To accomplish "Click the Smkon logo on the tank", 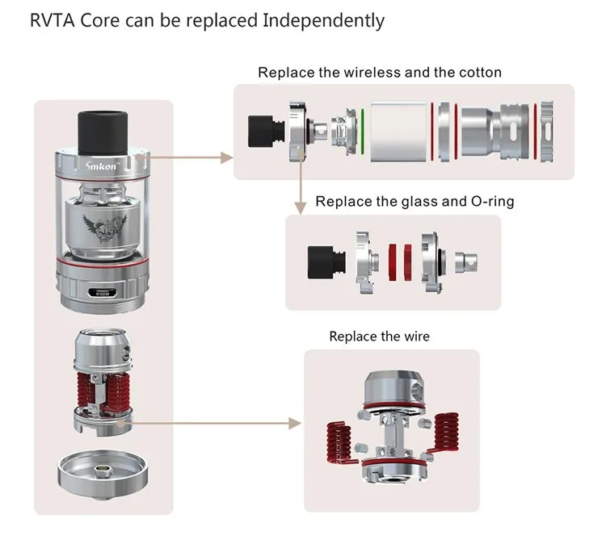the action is coord(101,165).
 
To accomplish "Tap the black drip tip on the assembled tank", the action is coord(103,132).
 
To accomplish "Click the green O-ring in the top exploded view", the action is coord(363,132).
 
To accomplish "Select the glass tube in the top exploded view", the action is coord(398,132).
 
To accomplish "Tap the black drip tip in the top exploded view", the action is coord(267,132).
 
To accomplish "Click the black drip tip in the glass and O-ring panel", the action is coord(326,261).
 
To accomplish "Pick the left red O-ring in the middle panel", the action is coord(393,261).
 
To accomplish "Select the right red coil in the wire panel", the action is coord(445,433).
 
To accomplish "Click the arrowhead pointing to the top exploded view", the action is coord(226,157).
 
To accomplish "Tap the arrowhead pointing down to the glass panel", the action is coord(301,207).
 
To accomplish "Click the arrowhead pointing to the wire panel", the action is coord(295,424).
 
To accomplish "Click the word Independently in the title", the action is coord(323,21).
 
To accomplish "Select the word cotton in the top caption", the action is coord(481,72).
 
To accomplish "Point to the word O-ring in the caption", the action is coord(492,202).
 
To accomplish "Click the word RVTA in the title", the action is coord(53,20).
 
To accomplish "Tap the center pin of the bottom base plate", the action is coord(103,469).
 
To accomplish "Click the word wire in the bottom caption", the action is coord(417,337).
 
